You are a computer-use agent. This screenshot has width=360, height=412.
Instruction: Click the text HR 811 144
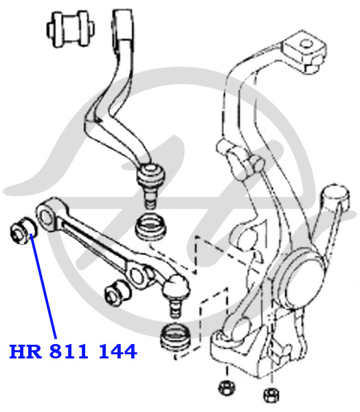(73, 352)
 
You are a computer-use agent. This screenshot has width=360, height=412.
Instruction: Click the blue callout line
(43, 286)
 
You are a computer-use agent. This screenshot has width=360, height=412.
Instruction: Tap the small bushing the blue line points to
(23, 231)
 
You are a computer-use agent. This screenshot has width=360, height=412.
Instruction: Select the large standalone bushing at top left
(71, 29)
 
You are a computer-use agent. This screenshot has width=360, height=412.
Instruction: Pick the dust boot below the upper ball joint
(150, 227)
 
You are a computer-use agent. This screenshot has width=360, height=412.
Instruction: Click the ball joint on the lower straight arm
(176, 286)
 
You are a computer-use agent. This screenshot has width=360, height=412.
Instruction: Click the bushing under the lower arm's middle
(117, 293)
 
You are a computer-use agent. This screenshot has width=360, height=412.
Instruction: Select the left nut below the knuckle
(227, 387)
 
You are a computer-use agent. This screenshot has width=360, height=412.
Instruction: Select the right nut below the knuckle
(271, 395)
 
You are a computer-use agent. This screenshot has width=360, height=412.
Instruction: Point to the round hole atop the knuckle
(305, 43)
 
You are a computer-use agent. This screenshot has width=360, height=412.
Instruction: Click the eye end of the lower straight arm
(47, 216)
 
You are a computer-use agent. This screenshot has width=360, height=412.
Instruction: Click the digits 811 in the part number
(69, 352)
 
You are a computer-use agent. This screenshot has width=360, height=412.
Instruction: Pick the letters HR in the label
(25, 352)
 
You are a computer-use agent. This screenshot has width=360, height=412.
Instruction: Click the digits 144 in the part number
(117, 352)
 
